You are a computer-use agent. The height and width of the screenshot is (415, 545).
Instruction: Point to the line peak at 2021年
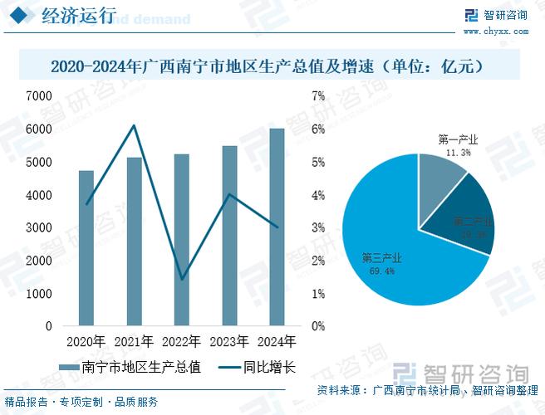pos(135,125)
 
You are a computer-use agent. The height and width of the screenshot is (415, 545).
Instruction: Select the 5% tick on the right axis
pos(317,162)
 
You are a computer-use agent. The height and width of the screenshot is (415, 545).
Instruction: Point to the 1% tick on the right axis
pos(317,294)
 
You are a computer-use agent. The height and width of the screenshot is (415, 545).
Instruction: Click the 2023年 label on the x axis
pos(229,341)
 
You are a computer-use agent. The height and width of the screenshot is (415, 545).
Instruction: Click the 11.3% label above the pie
pos(458,153)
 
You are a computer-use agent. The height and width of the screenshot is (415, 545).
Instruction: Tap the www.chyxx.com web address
pos(495,31)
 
